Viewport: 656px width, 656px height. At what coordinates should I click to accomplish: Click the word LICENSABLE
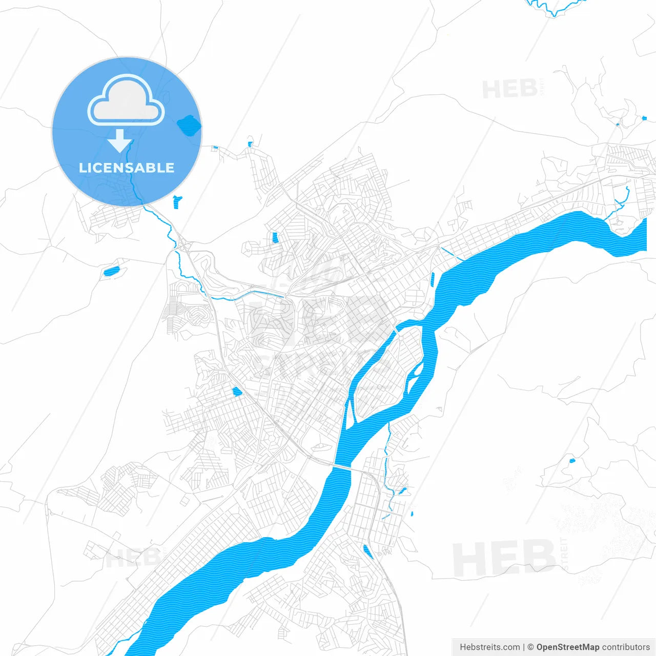[127, 168]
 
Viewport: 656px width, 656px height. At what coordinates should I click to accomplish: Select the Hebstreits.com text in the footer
[489, 647]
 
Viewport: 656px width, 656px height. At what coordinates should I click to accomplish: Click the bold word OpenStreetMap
[568, 647]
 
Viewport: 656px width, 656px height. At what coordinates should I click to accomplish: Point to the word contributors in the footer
[626, 647]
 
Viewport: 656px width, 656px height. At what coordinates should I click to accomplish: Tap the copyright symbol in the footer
[530, 647]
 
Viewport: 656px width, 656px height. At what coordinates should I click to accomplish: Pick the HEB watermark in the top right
[510, 89]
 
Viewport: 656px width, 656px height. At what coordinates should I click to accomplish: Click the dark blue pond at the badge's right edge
[189, 125]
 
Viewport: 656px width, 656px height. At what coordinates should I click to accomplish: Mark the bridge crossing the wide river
[342, 467]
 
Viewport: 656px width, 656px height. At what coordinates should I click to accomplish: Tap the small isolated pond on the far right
[572, 460]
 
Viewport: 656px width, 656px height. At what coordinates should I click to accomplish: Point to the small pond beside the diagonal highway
[237, 392]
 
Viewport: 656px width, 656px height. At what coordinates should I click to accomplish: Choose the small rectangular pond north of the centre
[275, 238]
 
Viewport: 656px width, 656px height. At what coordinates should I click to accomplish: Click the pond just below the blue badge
[177, 201]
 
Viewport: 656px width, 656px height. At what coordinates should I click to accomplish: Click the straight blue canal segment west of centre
[261, 293]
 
